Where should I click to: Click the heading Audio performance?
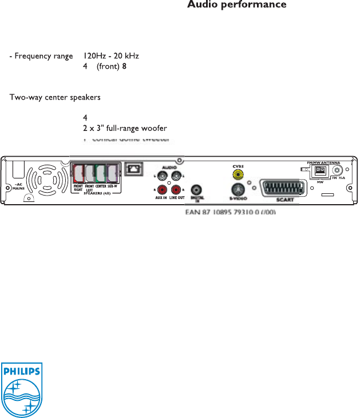point(237,5)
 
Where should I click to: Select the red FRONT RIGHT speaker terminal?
point(78,173)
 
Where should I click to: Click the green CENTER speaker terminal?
point(101,173)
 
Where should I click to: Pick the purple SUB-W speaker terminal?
point(112,173)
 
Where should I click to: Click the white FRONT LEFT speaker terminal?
point(89,173)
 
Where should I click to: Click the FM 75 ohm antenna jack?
point(338,170)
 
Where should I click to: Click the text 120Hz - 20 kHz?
point(110,56)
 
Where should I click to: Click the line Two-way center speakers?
point(55,97)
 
